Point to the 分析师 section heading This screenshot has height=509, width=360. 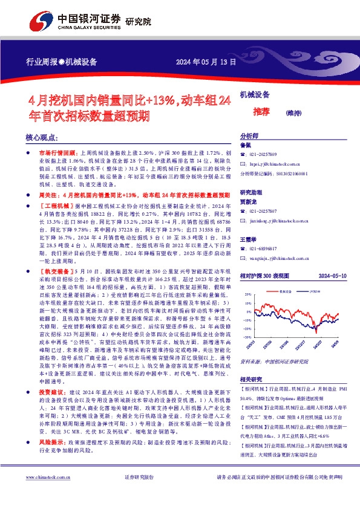249,137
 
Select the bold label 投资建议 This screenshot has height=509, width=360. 49,392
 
